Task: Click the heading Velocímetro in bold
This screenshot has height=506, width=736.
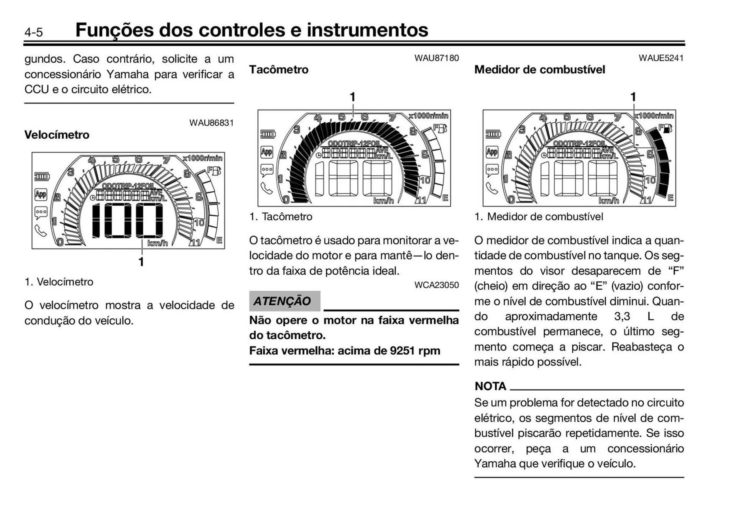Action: pyautogui.click(x=57, y=135)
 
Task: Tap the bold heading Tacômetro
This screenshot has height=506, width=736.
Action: pyautogui.click(x=279, y=70)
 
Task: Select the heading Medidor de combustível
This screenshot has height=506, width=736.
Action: pyautogui.click(x=539, y=70)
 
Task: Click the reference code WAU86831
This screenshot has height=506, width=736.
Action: pyautogui.click(x=211, y=123)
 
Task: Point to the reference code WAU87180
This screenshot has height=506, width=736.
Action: pyautogui.click(x=436, y=58)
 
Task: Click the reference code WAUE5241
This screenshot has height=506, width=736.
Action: pyautogui.click(x=661, y=58)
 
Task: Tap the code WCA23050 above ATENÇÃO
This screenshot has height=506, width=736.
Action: pyautogui.click(x=436, y=285)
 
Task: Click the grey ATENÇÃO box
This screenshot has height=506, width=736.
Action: pyautogui.click(x=284, y=301)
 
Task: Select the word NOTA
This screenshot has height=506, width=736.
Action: pyautogui.click(x=490, y=386)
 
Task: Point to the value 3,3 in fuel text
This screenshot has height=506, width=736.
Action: pyautogui.click(x=622, y=316)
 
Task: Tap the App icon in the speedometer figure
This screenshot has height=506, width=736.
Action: pyautogui.click(x=41, y=194)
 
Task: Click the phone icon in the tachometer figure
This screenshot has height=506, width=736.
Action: pyautogui.click(x=266, y=188)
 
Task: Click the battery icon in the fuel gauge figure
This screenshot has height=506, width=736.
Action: pyautogui.click(x=493, y=134)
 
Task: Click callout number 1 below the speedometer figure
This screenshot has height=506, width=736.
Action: pyautogui.click(x=141, y=262)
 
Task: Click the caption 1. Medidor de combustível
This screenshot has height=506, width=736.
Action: pyautogui.click(x=539, y=217)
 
